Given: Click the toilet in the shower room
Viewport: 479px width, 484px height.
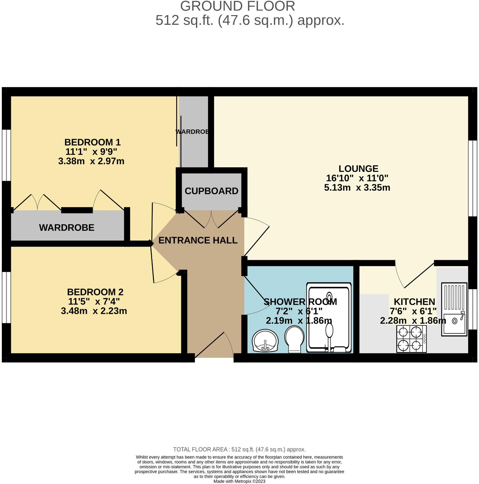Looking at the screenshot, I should tap(294, 339).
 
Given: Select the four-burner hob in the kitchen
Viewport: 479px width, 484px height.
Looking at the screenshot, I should tap(412, 339).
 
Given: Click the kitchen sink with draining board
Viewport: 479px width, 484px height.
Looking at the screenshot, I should tap(454, 309).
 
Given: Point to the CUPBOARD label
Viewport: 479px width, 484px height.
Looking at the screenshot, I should tap(211, 191).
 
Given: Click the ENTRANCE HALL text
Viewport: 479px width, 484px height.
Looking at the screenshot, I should tap(198, 240).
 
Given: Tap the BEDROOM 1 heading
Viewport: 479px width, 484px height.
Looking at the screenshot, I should tap(92, 142).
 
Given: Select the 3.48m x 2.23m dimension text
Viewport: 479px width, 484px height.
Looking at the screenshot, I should tap(94, 311).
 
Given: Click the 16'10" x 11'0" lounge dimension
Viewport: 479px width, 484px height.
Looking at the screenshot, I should tap(357, 178).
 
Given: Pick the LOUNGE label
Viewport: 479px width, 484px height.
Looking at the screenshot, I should tap(358, 168).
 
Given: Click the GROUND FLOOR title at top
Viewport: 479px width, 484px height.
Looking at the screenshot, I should tap(237, 6).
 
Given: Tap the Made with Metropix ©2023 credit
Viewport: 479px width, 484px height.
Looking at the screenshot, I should tap(239, 481).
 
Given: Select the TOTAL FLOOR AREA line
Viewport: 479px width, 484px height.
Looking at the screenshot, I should tap(239, 450).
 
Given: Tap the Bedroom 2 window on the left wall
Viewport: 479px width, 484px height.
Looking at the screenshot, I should tap(6, 298).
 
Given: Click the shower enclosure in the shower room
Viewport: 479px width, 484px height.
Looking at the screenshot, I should tap(329, 318).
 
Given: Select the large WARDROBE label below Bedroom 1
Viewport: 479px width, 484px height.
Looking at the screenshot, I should tap(67, 228).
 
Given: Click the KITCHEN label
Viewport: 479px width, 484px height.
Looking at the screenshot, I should tap(414, 302).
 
